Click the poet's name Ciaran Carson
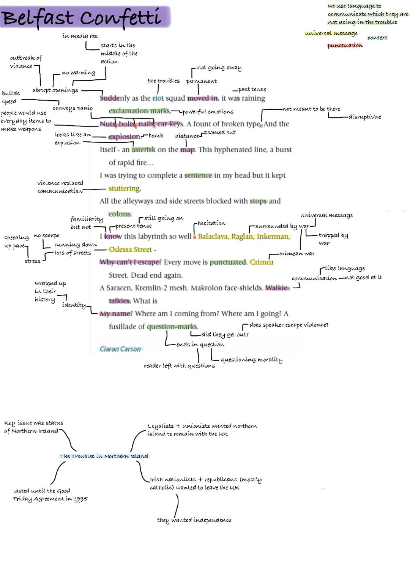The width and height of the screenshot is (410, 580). point(120,349)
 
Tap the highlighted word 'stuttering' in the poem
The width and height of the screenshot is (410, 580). point(124,188)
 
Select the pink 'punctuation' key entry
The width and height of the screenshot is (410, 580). point(345,46)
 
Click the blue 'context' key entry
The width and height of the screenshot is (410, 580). point(377,38)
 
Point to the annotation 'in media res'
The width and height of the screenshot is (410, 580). point(80,36)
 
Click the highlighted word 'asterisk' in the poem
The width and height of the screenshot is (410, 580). point(143,150)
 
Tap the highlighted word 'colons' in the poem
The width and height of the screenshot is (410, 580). point(120,214)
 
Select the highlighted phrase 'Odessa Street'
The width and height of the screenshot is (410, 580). point(130,250)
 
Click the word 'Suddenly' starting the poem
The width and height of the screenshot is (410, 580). point(115,98)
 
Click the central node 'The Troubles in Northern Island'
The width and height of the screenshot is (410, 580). point(104,456)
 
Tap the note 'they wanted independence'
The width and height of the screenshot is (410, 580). point(194,520)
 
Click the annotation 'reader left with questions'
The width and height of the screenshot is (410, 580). point(179,366)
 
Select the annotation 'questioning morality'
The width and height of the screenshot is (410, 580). point(251,360)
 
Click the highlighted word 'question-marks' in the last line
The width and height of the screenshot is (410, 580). point(172,327)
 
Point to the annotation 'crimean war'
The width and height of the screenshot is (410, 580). point(297,254)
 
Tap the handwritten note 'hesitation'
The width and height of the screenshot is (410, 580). point(211,223)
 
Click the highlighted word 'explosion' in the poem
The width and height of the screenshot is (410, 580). point(124,137)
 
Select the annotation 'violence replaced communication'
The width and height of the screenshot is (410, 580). point(60,187)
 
